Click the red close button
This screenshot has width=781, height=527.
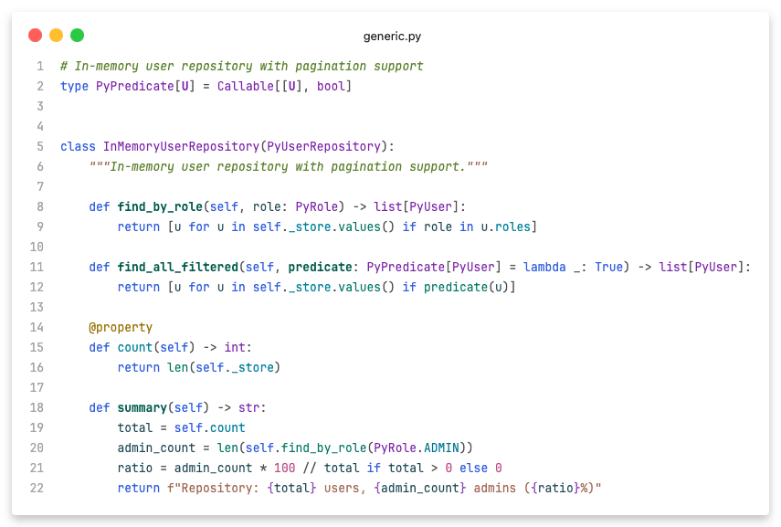pyautogui.click(x=36, y=36)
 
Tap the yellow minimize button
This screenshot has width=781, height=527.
pyautogui.click(x=57, y=36)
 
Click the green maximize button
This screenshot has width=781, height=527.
pyautogui.click(x=78, y=36)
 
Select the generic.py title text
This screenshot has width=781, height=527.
pyautogui.click(x=392, y=37)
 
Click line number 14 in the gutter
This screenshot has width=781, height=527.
pyautogui.click(x=37, y=327)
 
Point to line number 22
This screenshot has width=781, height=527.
pyautogui.click(x=37, y=488)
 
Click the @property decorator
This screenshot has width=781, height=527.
pyautogui.click(x=121, y=327)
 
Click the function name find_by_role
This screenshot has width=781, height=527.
pyautogui.click(x=160, y=206)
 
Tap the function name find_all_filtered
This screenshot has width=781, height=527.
pyautogui.click(x=178, y=267)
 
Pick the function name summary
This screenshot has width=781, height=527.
pyautogui.click(x=142, y=407)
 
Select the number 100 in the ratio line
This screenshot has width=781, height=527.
pyautogui.click(x=285, y=468)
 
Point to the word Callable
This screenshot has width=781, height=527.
pyautogui.click(x=246, y=86)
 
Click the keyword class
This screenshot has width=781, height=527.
pyautogui.click(x=78, y=146)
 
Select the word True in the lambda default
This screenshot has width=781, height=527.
pyautogui.click(x=609, y=267)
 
